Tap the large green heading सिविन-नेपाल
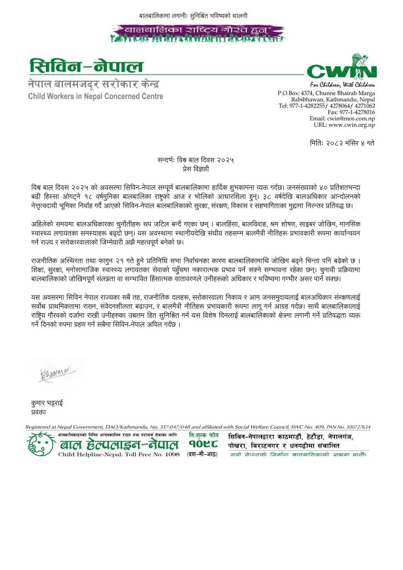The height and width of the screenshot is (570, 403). pos(87,67)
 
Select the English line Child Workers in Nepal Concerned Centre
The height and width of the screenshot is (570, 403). pos(96,96)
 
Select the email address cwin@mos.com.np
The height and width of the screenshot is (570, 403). pos(342,119)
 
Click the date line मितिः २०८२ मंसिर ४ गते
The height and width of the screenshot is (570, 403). pos(342,143)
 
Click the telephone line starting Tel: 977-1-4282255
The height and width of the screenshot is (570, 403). pos(327,105)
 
